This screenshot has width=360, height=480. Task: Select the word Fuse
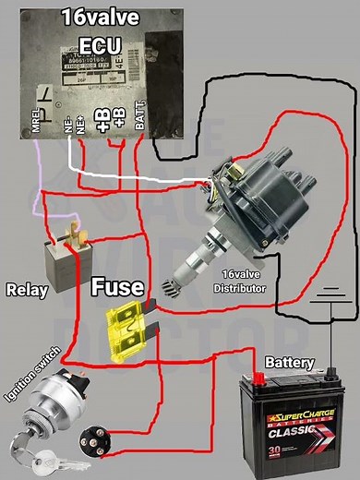117,287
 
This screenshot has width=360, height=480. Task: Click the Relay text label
27,290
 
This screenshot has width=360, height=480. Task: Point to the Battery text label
289,363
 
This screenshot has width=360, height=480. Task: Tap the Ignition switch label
33,376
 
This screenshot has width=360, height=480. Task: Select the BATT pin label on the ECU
139,116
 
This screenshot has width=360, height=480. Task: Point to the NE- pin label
67,125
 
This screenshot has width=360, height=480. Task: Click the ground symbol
321,300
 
